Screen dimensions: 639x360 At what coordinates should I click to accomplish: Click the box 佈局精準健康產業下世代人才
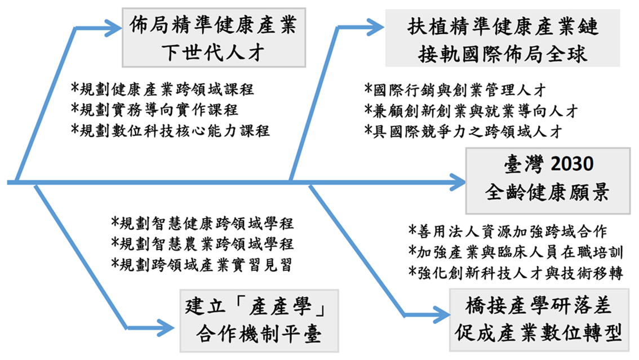tap(214, 38)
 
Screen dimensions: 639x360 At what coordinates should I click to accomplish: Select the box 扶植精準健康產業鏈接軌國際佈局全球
tap(503, 38)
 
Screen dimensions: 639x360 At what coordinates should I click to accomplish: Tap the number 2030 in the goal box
tap(572, 164)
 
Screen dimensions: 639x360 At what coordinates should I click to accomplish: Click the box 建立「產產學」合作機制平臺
tap(259, 321)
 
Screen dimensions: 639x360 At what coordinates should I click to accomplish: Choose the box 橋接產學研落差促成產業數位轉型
tap(539, 320)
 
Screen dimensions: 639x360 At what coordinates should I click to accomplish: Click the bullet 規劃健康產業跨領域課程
tap(162, 89)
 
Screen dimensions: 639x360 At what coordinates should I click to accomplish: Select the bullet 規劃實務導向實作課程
tap(154, 109)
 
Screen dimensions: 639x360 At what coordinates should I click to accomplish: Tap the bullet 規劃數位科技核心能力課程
tap(170, 130)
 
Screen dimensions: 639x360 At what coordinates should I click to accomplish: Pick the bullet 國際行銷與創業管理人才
tap(455, 90)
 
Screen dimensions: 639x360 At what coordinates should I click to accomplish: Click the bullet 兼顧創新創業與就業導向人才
tap(471, 111)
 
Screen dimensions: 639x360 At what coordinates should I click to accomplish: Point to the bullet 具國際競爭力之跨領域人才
tap(463, 131)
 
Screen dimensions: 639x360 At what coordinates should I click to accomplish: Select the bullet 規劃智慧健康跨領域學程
tap(202, 223)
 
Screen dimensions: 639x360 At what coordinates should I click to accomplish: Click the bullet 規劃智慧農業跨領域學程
tap(202, 244)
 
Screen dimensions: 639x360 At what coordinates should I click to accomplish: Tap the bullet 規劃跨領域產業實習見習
tap(202, 265)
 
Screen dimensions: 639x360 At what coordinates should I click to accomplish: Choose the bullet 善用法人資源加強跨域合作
tap(508, 232)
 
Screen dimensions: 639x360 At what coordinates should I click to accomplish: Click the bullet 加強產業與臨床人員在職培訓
tap(516, 252)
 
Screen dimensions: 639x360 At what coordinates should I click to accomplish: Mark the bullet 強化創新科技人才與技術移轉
tap(516, 273)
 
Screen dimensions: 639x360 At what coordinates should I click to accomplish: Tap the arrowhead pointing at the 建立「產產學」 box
tap(166, 328)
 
